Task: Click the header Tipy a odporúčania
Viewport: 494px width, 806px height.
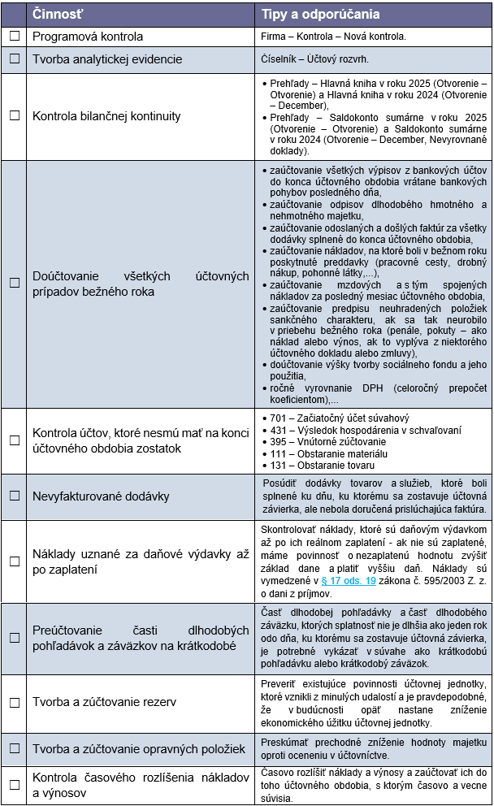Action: tap(320, 14)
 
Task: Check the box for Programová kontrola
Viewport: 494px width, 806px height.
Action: tap(14, 37)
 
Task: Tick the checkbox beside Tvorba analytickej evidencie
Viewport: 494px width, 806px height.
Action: tap(14, 59)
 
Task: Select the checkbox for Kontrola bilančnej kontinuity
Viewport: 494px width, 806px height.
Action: tap(14, 116)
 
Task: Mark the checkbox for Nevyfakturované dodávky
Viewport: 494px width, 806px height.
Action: tap(14, 496)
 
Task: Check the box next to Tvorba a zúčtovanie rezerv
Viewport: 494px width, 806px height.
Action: tap(14, 702)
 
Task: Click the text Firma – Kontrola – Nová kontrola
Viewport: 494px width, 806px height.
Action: tap(333, 37)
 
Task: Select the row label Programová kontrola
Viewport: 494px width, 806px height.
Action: tap(87, 37)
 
